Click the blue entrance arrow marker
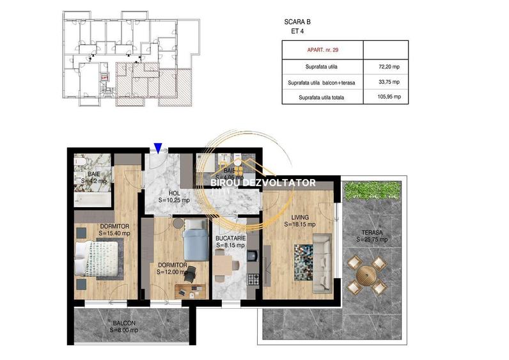tap(158, 148)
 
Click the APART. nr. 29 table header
tap(322, 49)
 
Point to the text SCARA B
tap(297, 22)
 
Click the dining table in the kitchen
tap(223, 263)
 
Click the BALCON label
tap(125, 323)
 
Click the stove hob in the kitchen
tap(252, 279)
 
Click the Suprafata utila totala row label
tap(322, 97)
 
